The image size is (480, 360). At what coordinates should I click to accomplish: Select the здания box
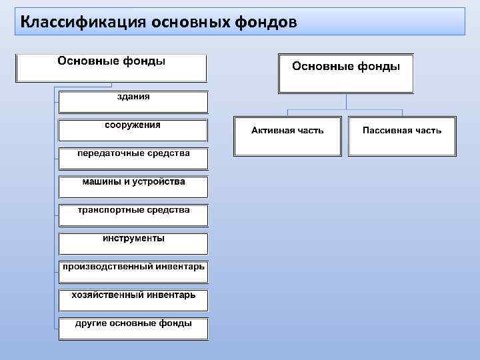point(133,102)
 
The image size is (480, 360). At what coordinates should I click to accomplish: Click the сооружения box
point(133,129)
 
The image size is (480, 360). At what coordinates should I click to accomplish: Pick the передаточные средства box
point(133,159)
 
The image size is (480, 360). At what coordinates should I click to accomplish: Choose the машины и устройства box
point(133,187)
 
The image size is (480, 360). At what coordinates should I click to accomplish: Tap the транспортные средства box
point(133,215)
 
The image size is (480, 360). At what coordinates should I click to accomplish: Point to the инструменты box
point(133,243)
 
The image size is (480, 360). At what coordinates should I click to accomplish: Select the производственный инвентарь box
point(133,272)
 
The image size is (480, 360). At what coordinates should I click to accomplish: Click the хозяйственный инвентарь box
point(133,300)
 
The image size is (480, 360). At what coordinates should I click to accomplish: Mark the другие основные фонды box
point(133,329)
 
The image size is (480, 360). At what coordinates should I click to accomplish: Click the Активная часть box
point(287,137)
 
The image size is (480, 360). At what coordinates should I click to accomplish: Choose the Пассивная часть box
point(402,137)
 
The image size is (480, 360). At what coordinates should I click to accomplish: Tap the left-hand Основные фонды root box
point(111,67)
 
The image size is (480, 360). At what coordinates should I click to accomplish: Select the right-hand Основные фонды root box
point(346,73)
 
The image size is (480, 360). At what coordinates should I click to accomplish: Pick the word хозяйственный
point(109,295)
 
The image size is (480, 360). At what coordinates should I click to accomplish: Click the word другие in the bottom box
point(89,323)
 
